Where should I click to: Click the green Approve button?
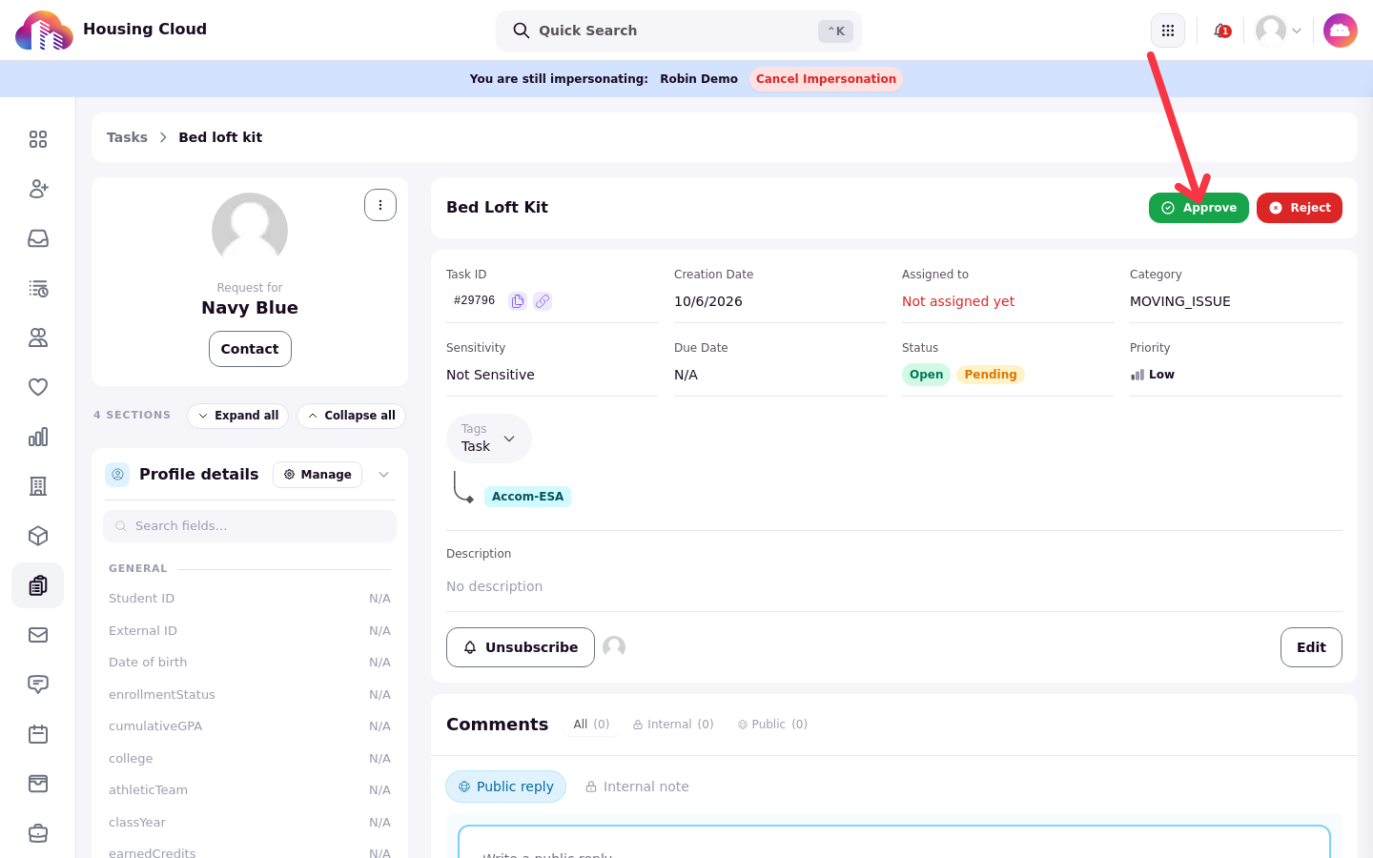[x=1199, y=208]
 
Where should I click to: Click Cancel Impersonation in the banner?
[x=826, y=79]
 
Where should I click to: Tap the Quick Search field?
[x=679, y=31]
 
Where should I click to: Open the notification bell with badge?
[x=1221, y=31]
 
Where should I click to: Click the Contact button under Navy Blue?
[x=250, y=349]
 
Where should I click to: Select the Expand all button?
[x=237, y=416]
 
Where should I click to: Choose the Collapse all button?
[x=351, y=416]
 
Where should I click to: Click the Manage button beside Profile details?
[x=318, y=475]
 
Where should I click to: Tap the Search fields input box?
[x=250, y=526]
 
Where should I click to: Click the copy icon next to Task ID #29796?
[x=518, y=301]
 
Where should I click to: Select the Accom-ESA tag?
[x=527, y=497]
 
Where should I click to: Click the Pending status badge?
[x=991, y=375]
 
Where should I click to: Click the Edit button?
[x=1311, y=647]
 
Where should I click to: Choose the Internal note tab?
[x=638, y=786]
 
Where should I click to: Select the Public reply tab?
[x=505, y=786]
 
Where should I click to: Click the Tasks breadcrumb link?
[x=127, y=137]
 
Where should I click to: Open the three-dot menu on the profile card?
[x=380, y=205]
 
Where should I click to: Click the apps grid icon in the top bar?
[x=1168, y=31]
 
